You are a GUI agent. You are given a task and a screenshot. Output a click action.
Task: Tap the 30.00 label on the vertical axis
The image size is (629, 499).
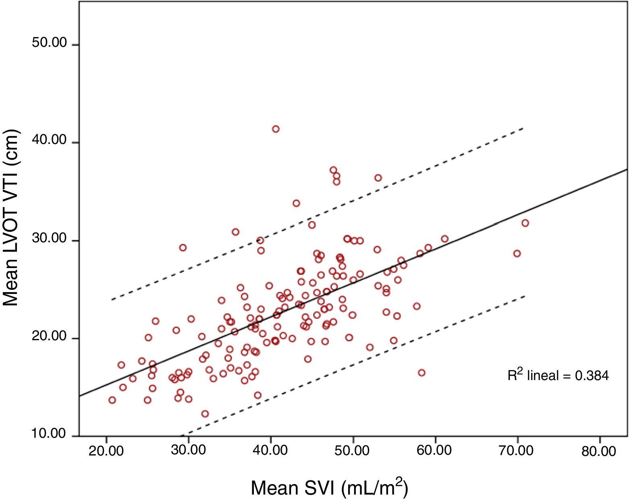tap(49, 238)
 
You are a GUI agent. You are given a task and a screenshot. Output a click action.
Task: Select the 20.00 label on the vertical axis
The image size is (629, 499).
tap(49, 336)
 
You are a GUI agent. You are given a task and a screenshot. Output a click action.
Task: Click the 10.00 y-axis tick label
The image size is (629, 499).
tap(49, 434)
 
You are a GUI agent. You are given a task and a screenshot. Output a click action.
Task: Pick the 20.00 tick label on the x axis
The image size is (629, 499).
tap(106, 451)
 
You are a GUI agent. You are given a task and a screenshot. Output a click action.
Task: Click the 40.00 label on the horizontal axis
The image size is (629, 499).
tap(270, 451)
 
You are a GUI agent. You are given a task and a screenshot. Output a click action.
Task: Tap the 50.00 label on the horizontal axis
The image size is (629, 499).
tap(353, 451)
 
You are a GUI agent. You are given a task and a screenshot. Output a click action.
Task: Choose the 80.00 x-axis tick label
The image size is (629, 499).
tap(599, 451)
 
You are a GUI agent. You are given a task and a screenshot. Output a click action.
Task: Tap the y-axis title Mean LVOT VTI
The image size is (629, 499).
tap(11, 218)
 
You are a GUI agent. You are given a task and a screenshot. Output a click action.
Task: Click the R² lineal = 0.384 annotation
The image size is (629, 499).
tap(558, 375)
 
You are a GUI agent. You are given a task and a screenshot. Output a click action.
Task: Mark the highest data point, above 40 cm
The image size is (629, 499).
tap(276, 129)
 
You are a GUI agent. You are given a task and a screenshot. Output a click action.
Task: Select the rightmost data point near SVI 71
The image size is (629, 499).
tap(525, 223)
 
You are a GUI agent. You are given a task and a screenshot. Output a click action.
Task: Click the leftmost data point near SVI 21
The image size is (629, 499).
tap(112, 400)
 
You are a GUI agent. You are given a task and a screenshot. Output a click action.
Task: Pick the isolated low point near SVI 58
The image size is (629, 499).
tap(421, 373)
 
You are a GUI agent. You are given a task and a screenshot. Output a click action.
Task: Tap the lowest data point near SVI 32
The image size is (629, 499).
tap(205, 414)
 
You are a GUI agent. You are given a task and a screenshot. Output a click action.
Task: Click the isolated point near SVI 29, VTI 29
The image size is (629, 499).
tap(183, 247)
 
